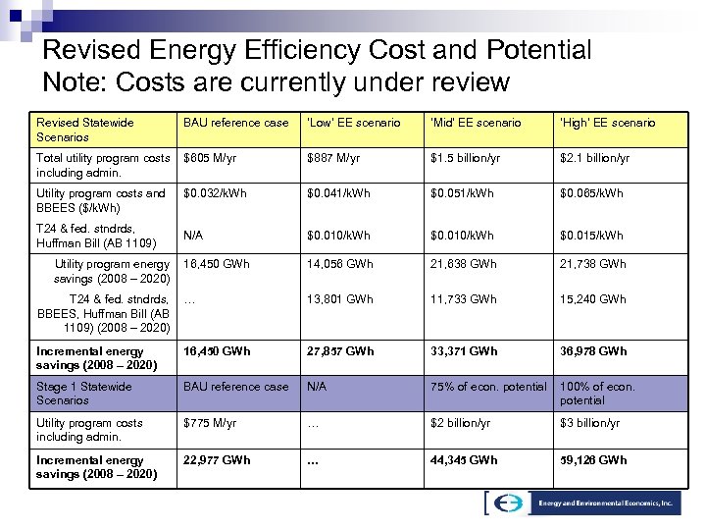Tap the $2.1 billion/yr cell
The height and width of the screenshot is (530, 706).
tap(595, 158)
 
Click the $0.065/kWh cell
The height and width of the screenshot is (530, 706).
tap(593, 194)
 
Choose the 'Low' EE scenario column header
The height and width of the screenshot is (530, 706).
tap(353, 123)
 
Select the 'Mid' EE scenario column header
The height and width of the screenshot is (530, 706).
tap(476, 123)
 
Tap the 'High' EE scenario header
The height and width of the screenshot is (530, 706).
tap(607, 123)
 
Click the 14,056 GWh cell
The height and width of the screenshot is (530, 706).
tap(339, 264)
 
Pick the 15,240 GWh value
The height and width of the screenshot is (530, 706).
tap(592, 299)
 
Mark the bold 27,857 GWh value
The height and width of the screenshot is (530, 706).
tap(340, 351)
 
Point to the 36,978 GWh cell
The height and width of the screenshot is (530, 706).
tap(592, 351)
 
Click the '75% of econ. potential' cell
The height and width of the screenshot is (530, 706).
tap(488, 387)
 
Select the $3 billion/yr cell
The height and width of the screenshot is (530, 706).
tap(589, 423)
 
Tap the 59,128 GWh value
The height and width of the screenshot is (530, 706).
tap(592, 459)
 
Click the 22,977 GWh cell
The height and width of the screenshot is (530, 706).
tap(217, 459)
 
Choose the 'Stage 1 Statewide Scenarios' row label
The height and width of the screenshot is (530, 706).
tap(83, 393)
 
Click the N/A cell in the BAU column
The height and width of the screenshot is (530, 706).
tap(194, 236)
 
